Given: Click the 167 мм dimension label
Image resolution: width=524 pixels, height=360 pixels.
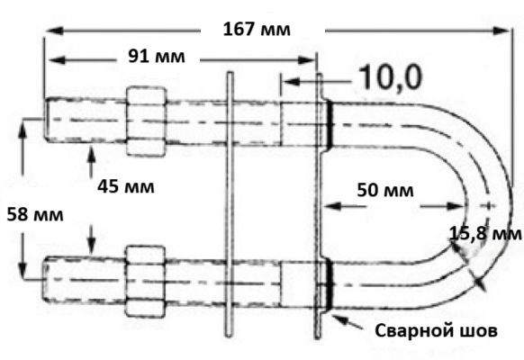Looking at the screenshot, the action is (257, 29).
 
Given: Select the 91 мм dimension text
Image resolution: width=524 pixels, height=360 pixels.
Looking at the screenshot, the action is (157, 57).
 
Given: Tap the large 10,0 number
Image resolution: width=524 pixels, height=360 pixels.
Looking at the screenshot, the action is (391, 77).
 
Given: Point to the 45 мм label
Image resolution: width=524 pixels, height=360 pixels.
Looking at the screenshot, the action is (126, 186).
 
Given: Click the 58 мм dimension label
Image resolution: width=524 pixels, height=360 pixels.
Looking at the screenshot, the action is (35, 214).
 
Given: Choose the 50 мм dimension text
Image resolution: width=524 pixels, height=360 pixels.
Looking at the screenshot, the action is (385, 190).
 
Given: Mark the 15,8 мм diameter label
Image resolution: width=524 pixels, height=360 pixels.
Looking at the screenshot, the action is (485, 234).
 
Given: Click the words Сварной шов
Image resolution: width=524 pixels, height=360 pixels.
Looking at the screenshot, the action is (436, 331).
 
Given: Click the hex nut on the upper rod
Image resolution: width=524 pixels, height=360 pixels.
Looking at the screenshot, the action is (146, 121).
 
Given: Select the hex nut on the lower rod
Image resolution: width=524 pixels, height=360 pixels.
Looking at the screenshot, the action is (145, 281).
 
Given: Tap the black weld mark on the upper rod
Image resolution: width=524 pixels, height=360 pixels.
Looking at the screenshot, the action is (330, 124).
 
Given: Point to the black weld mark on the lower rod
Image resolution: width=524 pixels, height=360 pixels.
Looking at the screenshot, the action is (330, 284).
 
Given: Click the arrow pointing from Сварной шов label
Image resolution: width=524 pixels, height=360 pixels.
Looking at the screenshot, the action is (348, 321).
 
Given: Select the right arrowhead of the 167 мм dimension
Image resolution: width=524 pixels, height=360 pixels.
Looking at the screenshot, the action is (501, 31).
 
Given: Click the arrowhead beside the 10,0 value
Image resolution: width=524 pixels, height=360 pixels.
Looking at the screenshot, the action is (292, 82).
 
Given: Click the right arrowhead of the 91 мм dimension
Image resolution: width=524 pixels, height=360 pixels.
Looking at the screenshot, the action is (307, 60).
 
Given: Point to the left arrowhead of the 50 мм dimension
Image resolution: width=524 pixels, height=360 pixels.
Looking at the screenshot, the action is (332, 206).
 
